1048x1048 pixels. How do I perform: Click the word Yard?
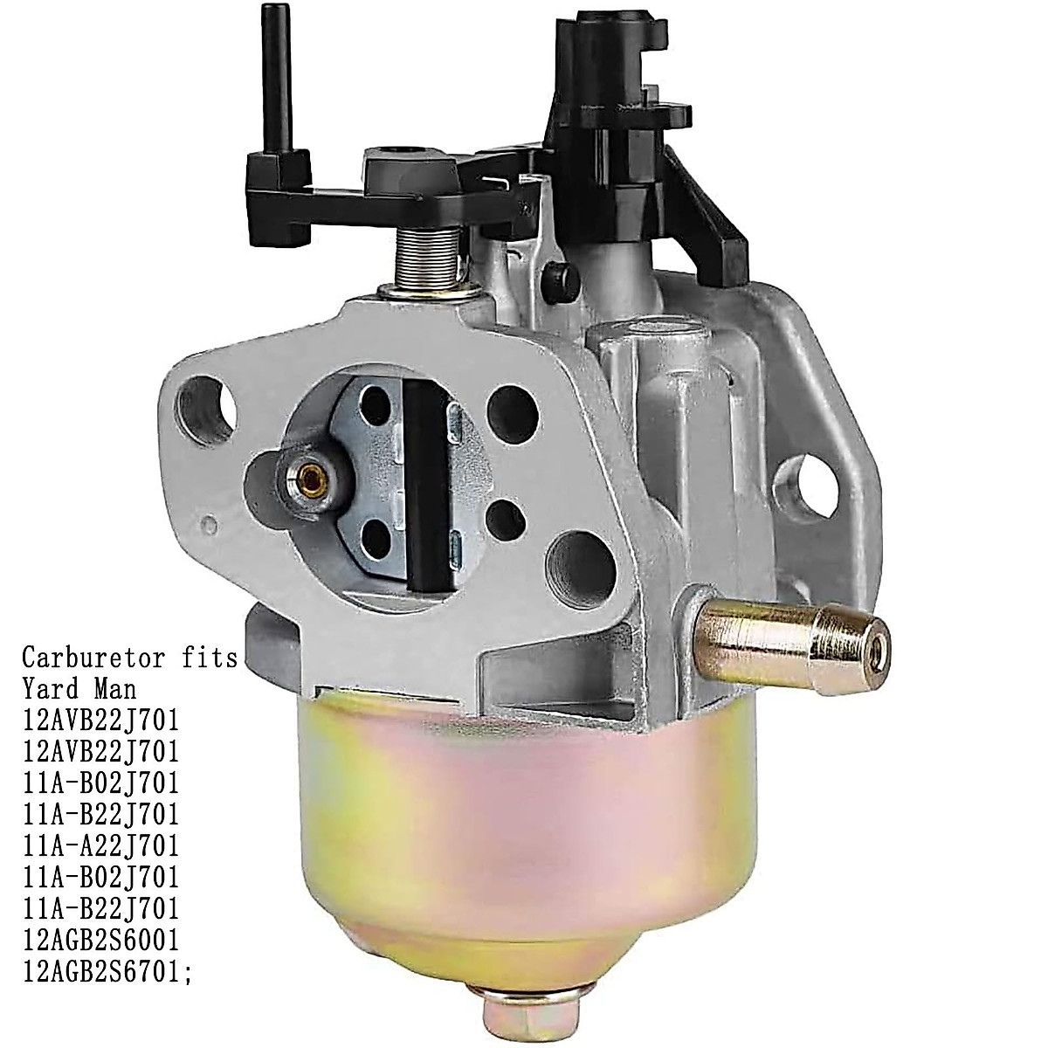tap(53, 689)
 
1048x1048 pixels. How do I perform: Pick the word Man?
tap(114, 689)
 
